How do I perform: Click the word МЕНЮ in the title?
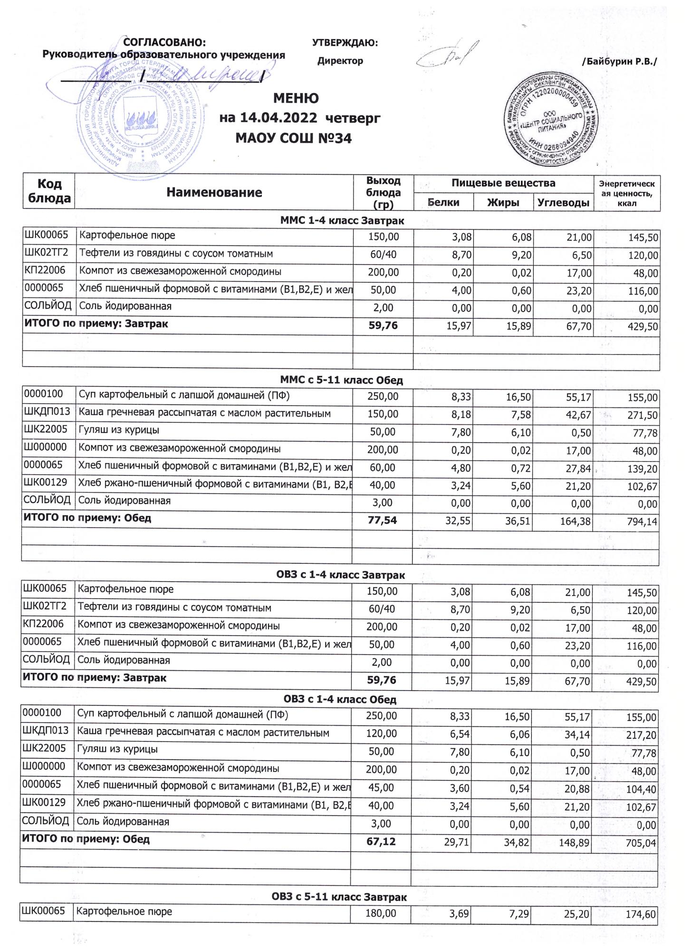(296, 98)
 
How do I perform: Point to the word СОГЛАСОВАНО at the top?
(164, 43)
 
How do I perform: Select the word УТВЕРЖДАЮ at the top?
(345, 43)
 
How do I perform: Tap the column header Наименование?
(214, 192)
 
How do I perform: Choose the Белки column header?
(443, 202)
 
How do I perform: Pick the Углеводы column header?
(563, 203)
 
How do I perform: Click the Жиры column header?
(503, 203)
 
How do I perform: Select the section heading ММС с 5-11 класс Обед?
(341, 380)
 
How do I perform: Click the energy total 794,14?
(642, 522)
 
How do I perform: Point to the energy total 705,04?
(641, 843)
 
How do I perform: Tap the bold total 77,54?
(382, 521)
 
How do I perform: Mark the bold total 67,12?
(381, 842)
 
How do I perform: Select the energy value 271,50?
(642, 416)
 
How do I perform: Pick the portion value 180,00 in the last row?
(381, 912)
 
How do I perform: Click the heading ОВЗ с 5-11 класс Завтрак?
(339, 897)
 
